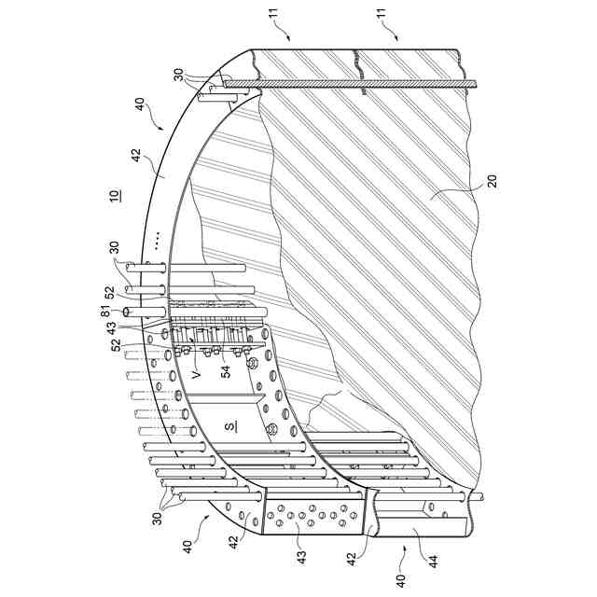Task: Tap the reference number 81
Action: coord(105,313)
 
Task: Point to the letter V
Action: coord(196,375)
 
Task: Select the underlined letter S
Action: coord(230,427)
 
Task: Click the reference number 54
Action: coord(227,371)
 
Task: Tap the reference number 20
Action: coord(492,181)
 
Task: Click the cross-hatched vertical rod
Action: coord(350,85)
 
